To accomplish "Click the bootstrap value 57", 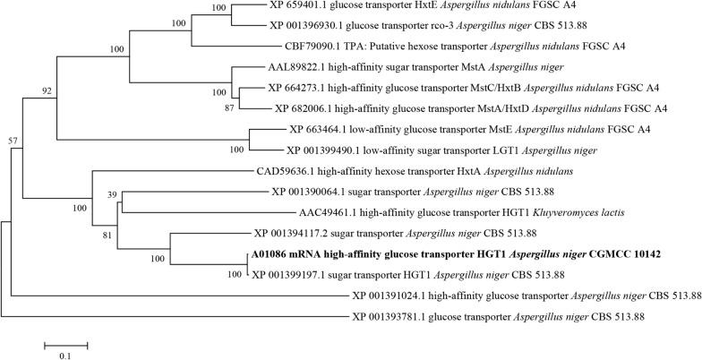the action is [12, 141].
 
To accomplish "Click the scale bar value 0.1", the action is [65, 356].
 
